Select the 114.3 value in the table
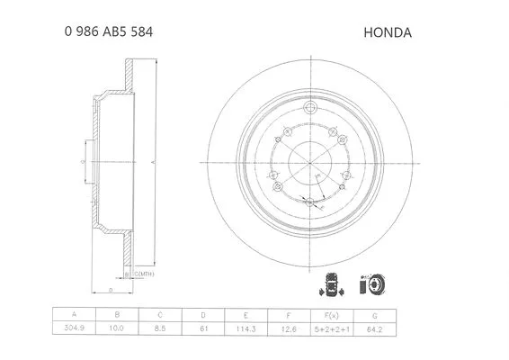pos(246,331)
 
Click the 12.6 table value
pos(289,331)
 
